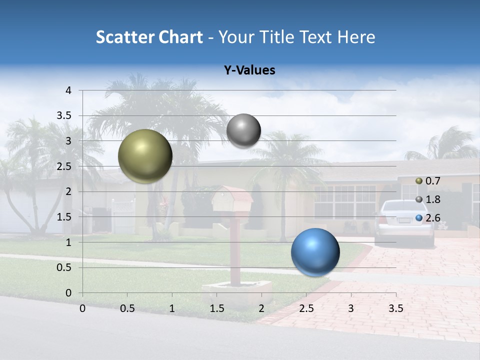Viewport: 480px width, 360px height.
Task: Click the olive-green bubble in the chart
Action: coord(145,156)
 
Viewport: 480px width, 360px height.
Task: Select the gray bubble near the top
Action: coord(243,130)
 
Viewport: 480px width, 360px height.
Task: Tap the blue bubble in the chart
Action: coord(315,252)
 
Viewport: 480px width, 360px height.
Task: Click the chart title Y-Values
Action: coord(249,70)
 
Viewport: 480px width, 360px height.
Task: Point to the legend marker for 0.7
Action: coord(419,181)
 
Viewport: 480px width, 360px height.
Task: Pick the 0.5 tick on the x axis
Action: coord(127,308)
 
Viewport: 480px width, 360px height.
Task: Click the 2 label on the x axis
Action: coord(261,308)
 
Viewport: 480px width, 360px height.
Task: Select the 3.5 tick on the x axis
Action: coord(395,308)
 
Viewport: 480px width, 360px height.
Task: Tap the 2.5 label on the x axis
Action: coord(306,308)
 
